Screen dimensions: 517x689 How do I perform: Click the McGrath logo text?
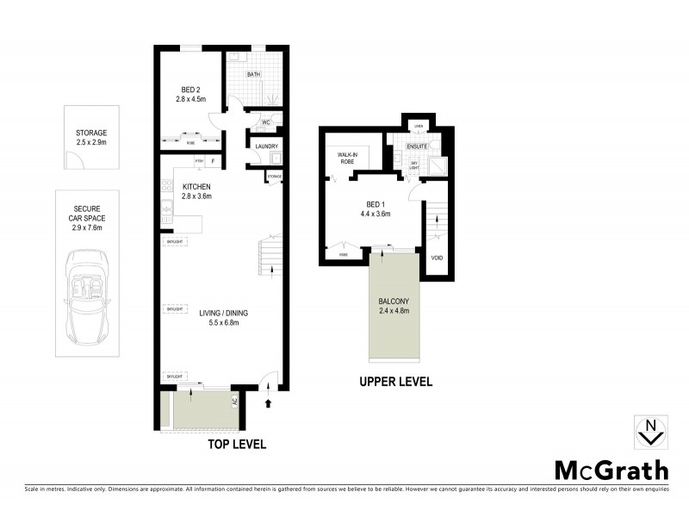point(610,470)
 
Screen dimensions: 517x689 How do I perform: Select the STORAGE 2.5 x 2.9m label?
point(90,138)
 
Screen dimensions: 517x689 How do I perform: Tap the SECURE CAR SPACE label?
point(90,217)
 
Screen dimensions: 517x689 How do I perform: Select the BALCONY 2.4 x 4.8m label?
point(393,306)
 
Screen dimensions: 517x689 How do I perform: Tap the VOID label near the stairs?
point(437,258)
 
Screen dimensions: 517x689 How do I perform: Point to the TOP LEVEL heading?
point(237,445)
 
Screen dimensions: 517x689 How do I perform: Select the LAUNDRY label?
point(266,146)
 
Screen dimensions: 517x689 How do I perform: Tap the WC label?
point(267,123)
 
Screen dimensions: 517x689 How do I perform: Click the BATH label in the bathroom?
point(253,75)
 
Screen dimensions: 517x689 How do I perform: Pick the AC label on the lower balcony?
point(233,401)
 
